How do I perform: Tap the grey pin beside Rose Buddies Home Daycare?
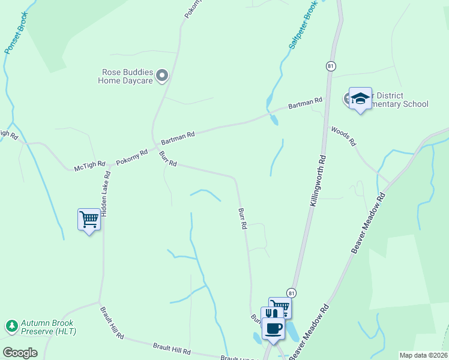(x=162, y=76)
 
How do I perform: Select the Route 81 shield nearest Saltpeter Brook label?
(x=331, y=65)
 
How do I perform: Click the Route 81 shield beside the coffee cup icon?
(x=292, y=292)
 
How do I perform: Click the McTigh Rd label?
(x=89, y=166)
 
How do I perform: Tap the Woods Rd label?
(x=343, y=136)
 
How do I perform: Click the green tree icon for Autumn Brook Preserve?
(x=11, y=326)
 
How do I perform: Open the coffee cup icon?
(x=274, y=328)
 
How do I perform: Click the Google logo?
(x=20, y=352)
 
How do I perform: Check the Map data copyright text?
(x=423, y=355)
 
